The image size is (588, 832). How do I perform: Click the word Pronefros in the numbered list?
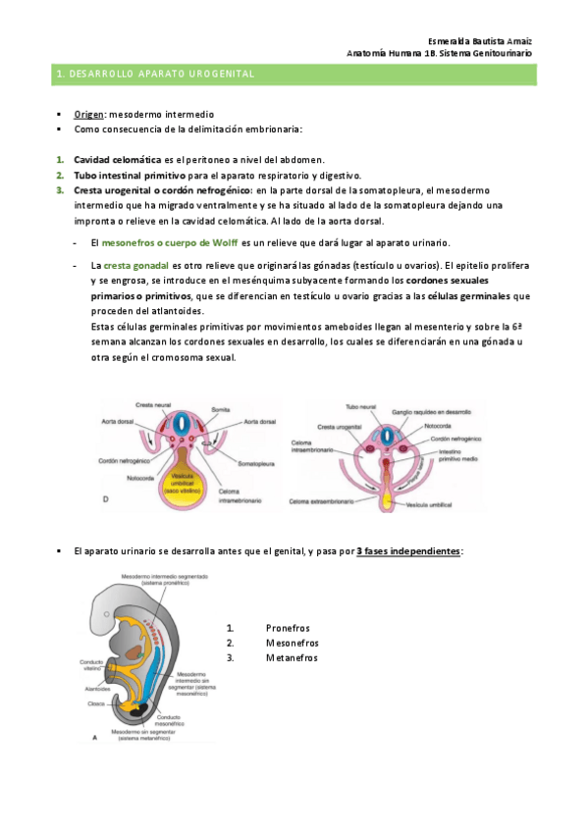pos(287,628)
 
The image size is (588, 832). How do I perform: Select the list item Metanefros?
pos(292,657)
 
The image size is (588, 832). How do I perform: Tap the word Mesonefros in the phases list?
pos(292,643)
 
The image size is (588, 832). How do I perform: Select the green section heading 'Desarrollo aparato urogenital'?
pos(156,74)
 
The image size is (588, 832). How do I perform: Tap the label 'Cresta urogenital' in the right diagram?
pos(340,427)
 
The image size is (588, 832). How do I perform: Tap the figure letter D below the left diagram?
pos(106,499)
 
